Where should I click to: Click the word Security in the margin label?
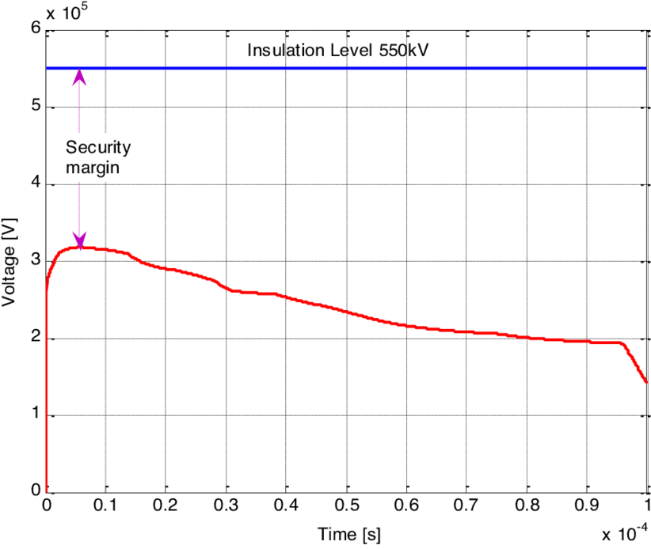(98, 147)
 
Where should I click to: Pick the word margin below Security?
(92, 167)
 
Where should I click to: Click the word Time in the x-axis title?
(337, 534)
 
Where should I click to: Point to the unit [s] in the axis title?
(371, 534)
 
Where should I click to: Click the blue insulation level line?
(475, 69)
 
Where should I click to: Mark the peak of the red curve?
(78, 248)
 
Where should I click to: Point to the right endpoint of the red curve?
(646, 381)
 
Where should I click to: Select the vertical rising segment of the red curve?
(47, 396)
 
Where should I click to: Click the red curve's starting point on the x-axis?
(47, 490)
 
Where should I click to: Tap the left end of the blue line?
(48, 69)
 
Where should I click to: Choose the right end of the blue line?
(645, 69)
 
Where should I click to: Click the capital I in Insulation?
(249, 51)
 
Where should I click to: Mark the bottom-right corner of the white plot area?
(646, 491)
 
